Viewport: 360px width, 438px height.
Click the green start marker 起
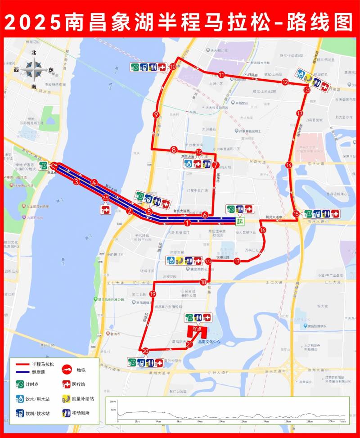(x=240, y=221)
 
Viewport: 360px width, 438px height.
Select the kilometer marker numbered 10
(x=173, y=67)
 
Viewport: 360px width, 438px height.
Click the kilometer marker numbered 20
(x=145, y=351)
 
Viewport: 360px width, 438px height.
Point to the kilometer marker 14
(x=289, y=165)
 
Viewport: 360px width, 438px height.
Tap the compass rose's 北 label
(x=33, y=53)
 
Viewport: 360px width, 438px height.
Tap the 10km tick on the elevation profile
(x=221, y=421)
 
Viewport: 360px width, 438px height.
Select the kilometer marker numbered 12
(x=285, y=82)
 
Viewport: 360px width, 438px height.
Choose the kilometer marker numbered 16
(x=263, y=230)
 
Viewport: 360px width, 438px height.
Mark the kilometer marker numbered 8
(x=173, y=149)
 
